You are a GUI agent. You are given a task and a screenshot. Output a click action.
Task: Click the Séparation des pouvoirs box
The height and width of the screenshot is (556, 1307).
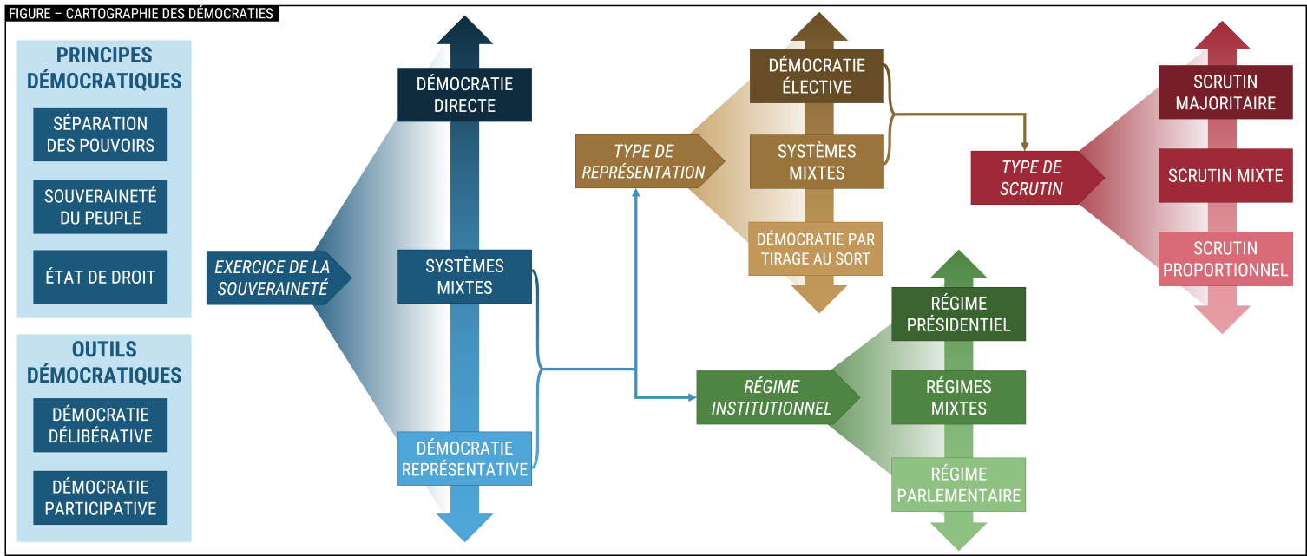[x=100, y=134]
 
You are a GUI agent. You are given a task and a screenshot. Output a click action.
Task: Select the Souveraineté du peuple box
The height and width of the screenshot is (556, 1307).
[x=100, y=207]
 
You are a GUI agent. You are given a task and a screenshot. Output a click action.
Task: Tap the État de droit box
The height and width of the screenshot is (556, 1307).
[x=100, y=278]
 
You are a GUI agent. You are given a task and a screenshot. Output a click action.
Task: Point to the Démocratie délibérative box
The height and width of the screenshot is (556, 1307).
[x=100, y=425]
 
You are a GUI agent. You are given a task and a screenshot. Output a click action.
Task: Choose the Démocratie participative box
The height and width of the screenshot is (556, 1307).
[x=100, y=498]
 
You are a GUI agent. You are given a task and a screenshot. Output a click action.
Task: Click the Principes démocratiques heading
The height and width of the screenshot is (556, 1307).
[x=104, y=69]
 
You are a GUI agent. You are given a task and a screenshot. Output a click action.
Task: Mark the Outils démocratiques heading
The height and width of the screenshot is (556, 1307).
[x=104, y=363]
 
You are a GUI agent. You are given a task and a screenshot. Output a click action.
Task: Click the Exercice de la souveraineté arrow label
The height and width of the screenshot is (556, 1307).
[x=273, y=278]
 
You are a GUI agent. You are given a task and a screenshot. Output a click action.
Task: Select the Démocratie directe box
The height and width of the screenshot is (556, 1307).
[x=464, y=95]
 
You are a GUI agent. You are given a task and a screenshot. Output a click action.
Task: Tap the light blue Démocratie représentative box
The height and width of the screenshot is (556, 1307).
[x=464, y=459]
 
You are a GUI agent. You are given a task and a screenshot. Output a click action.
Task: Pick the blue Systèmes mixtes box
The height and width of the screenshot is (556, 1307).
[x=464, y=277]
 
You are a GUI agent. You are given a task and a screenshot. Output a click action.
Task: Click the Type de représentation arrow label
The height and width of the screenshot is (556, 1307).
[x=644, y=161]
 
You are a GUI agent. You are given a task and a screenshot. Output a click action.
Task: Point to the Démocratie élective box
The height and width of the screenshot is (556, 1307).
[x=817, y=76]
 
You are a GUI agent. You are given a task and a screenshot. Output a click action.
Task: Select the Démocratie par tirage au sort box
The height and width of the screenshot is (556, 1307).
[x=816, y=249]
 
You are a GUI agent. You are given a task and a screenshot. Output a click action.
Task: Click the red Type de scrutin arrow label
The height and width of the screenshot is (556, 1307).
[x=1031, y=178]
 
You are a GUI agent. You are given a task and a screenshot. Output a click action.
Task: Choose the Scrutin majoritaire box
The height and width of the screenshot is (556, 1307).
[x=1225, y=93]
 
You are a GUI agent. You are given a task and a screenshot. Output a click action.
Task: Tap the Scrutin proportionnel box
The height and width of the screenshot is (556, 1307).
[x=1225, y=259]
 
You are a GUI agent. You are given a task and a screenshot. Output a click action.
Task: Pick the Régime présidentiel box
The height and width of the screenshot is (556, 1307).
[x=958, y=314]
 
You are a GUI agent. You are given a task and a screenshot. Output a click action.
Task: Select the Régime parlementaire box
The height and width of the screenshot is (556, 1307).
[x=958, y=485]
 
